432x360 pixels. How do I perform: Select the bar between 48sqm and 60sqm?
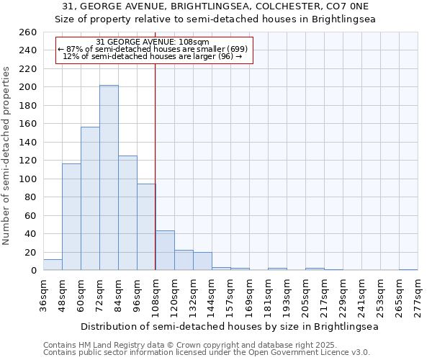[x=71, y=217]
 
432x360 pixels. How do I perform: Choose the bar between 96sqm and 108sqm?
[x=146, y=227]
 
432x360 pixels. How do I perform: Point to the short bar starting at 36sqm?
[x=53, y=265]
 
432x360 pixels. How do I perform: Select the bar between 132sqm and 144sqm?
[x=202, y=261]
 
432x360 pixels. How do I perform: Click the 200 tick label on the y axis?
[x=28, y=87]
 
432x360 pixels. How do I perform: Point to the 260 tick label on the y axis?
[x=28, y=32]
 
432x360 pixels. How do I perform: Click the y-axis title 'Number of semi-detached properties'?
[x=7, y=155]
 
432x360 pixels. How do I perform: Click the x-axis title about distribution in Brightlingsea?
[x=230, y=326]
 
